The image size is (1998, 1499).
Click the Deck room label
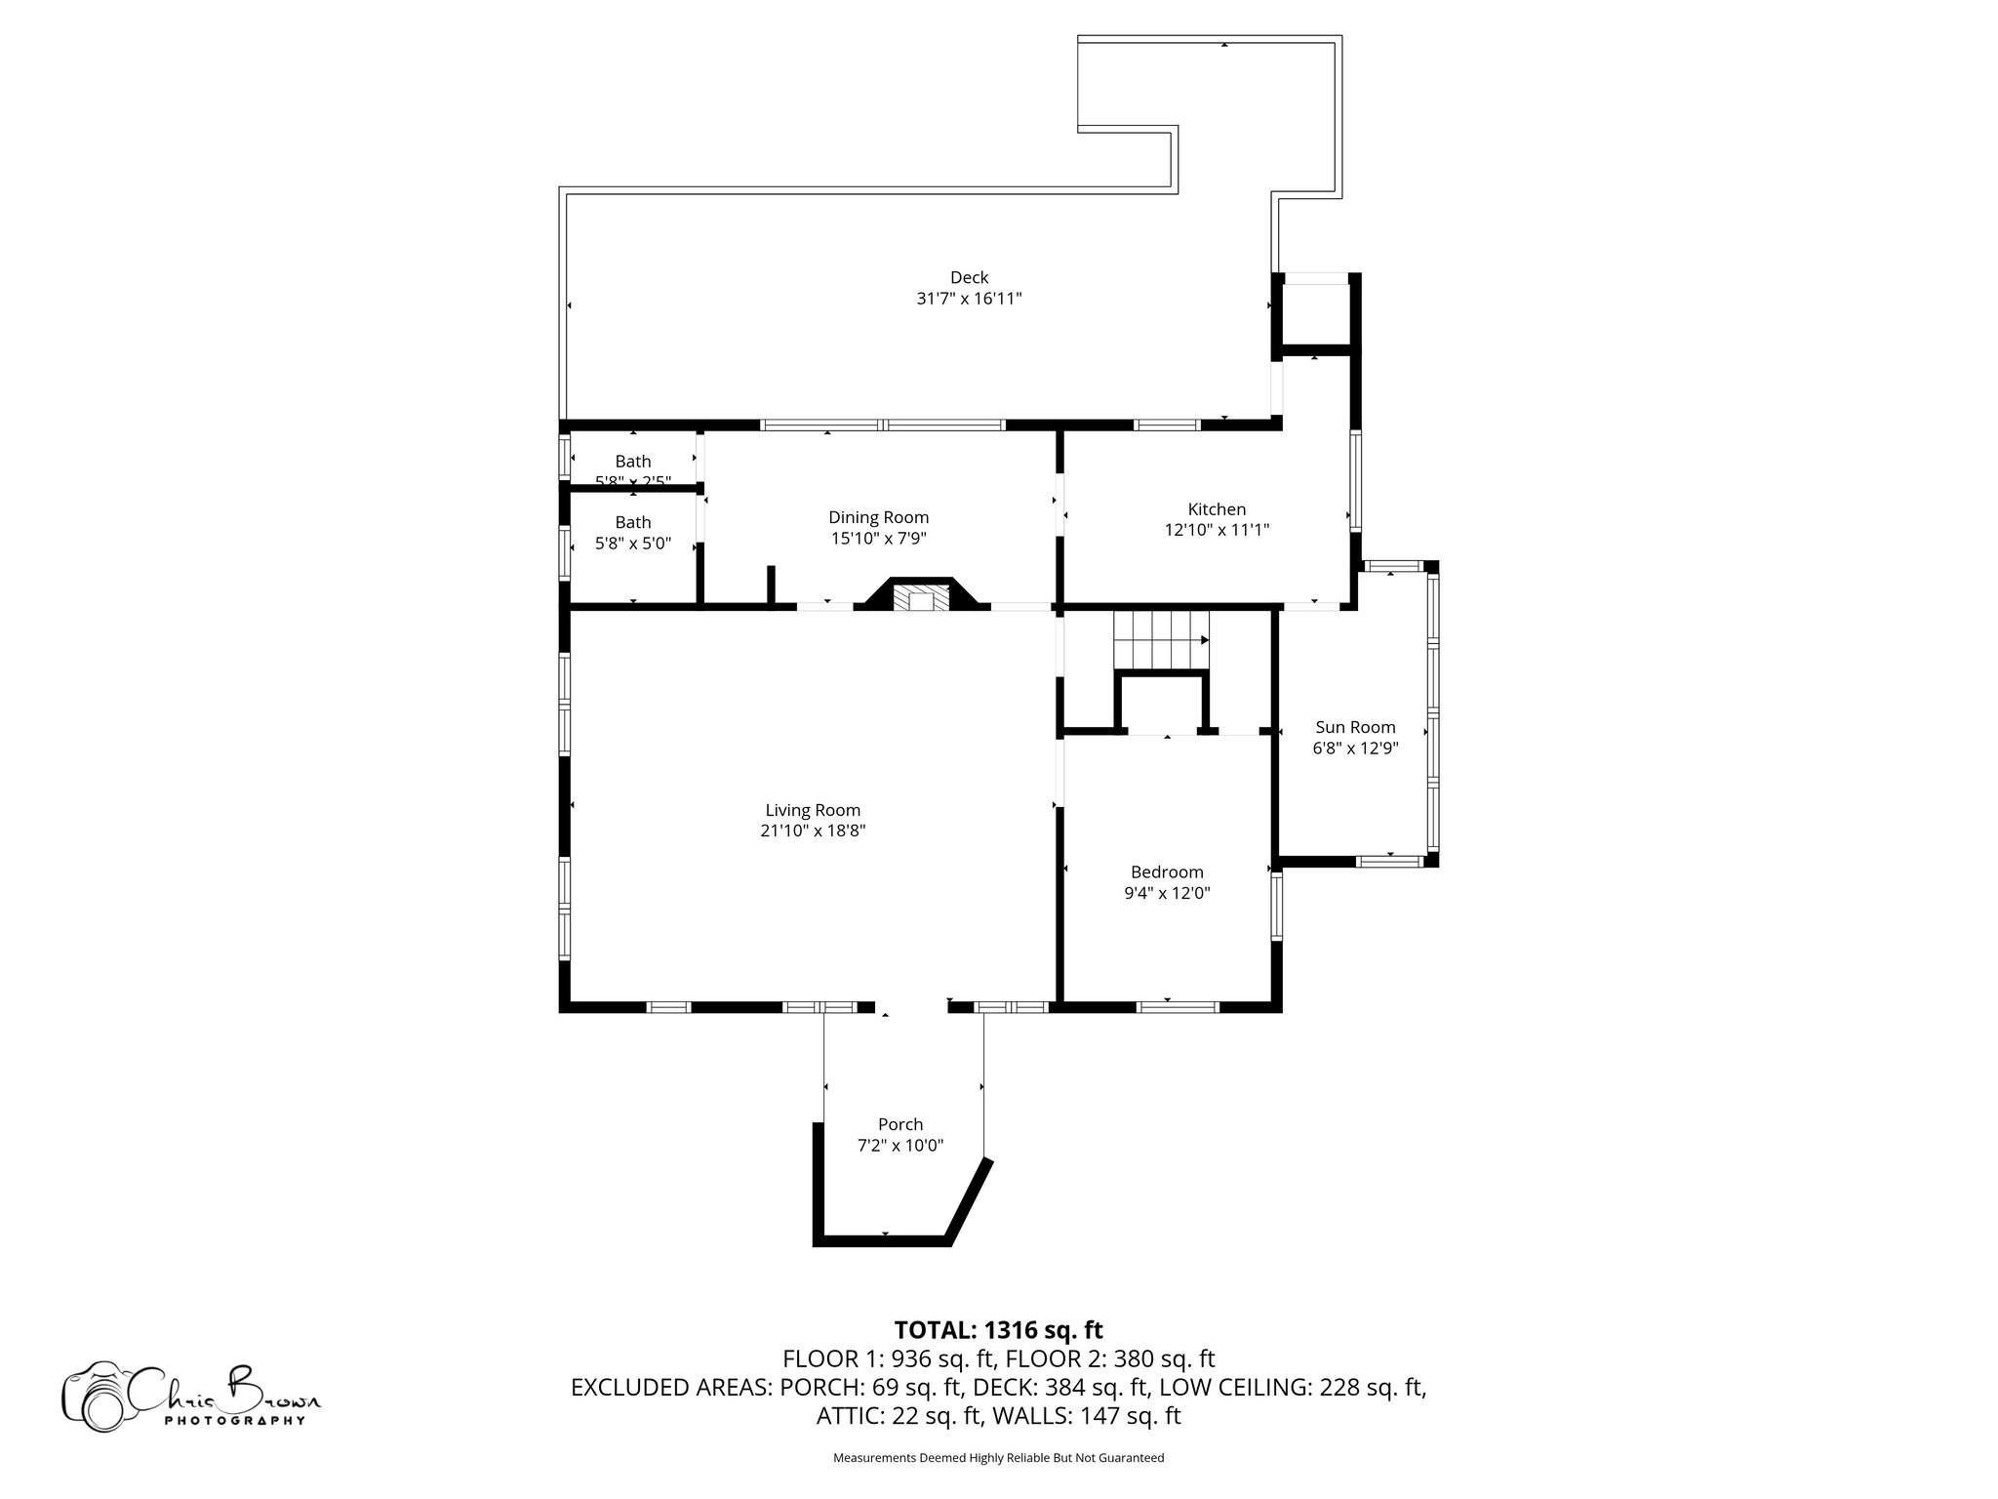click(969, 278)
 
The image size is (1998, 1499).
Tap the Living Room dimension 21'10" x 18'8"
click(813, 831)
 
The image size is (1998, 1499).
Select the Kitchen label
click(1217, 509)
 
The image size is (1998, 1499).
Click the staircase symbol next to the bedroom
click(1161, 640)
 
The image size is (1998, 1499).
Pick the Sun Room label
click(1355, 727)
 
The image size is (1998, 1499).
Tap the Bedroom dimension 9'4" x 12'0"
click(1167, 893)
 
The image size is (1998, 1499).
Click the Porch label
click(899, 1124)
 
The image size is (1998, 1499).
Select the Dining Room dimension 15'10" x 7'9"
click(878, 538)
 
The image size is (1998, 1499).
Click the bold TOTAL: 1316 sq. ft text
click(998, 1330)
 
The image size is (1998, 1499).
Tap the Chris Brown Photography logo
click(191, 1398)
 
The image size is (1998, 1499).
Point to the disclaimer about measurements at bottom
click(998, 1458)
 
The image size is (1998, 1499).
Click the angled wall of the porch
click(972, 1201)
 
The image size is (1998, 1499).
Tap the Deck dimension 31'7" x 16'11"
click(969, 299)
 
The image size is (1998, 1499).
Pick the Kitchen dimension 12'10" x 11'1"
click(1217, 531)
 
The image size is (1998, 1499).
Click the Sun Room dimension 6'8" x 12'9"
click(1355, 749)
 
